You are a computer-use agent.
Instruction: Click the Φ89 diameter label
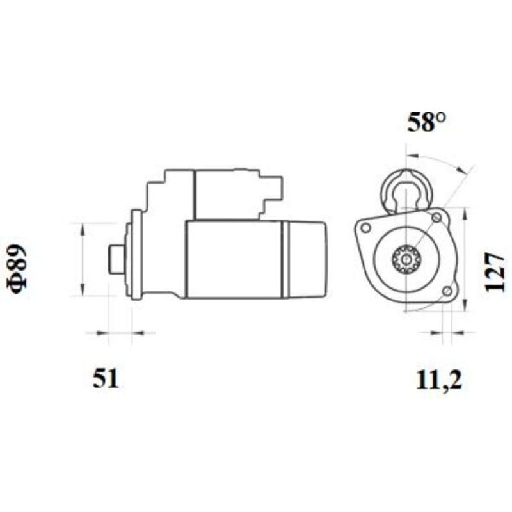click(x=19, y=269)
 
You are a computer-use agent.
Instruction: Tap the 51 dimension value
click(x=106, y=379)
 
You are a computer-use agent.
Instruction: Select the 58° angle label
click(x=426, y=122)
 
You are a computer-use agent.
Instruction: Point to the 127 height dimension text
click(x=494, y=271)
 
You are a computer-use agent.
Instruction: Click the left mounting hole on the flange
click(x=366, y=228)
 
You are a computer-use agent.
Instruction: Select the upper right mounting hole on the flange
click(x=437, y=220)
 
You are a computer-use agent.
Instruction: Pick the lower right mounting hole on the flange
click(x=447, y=292)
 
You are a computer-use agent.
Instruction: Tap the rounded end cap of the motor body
click(x=305, y=259)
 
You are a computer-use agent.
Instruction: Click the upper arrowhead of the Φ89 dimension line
click(x=82, y=228)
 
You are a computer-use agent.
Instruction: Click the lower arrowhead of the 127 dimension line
click(x=465, y=307)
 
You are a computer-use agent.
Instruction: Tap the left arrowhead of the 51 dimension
click(x=102, y=333)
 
